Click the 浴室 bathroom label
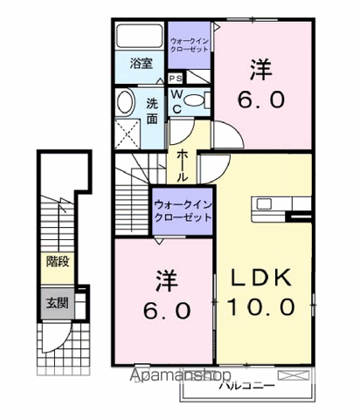141,63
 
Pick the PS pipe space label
177,79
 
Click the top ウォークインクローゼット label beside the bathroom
189,45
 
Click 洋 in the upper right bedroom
260,68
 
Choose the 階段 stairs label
58,261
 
